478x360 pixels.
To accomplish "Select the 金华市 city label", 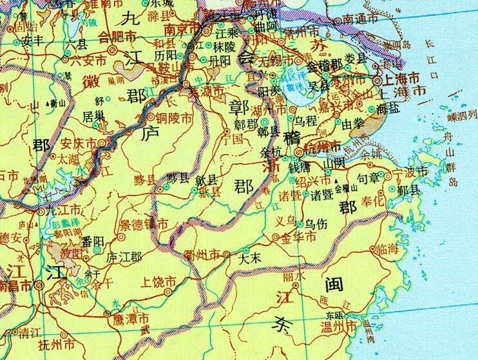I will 298,238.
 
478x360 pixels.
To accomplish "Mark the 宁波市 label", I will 409,171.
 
